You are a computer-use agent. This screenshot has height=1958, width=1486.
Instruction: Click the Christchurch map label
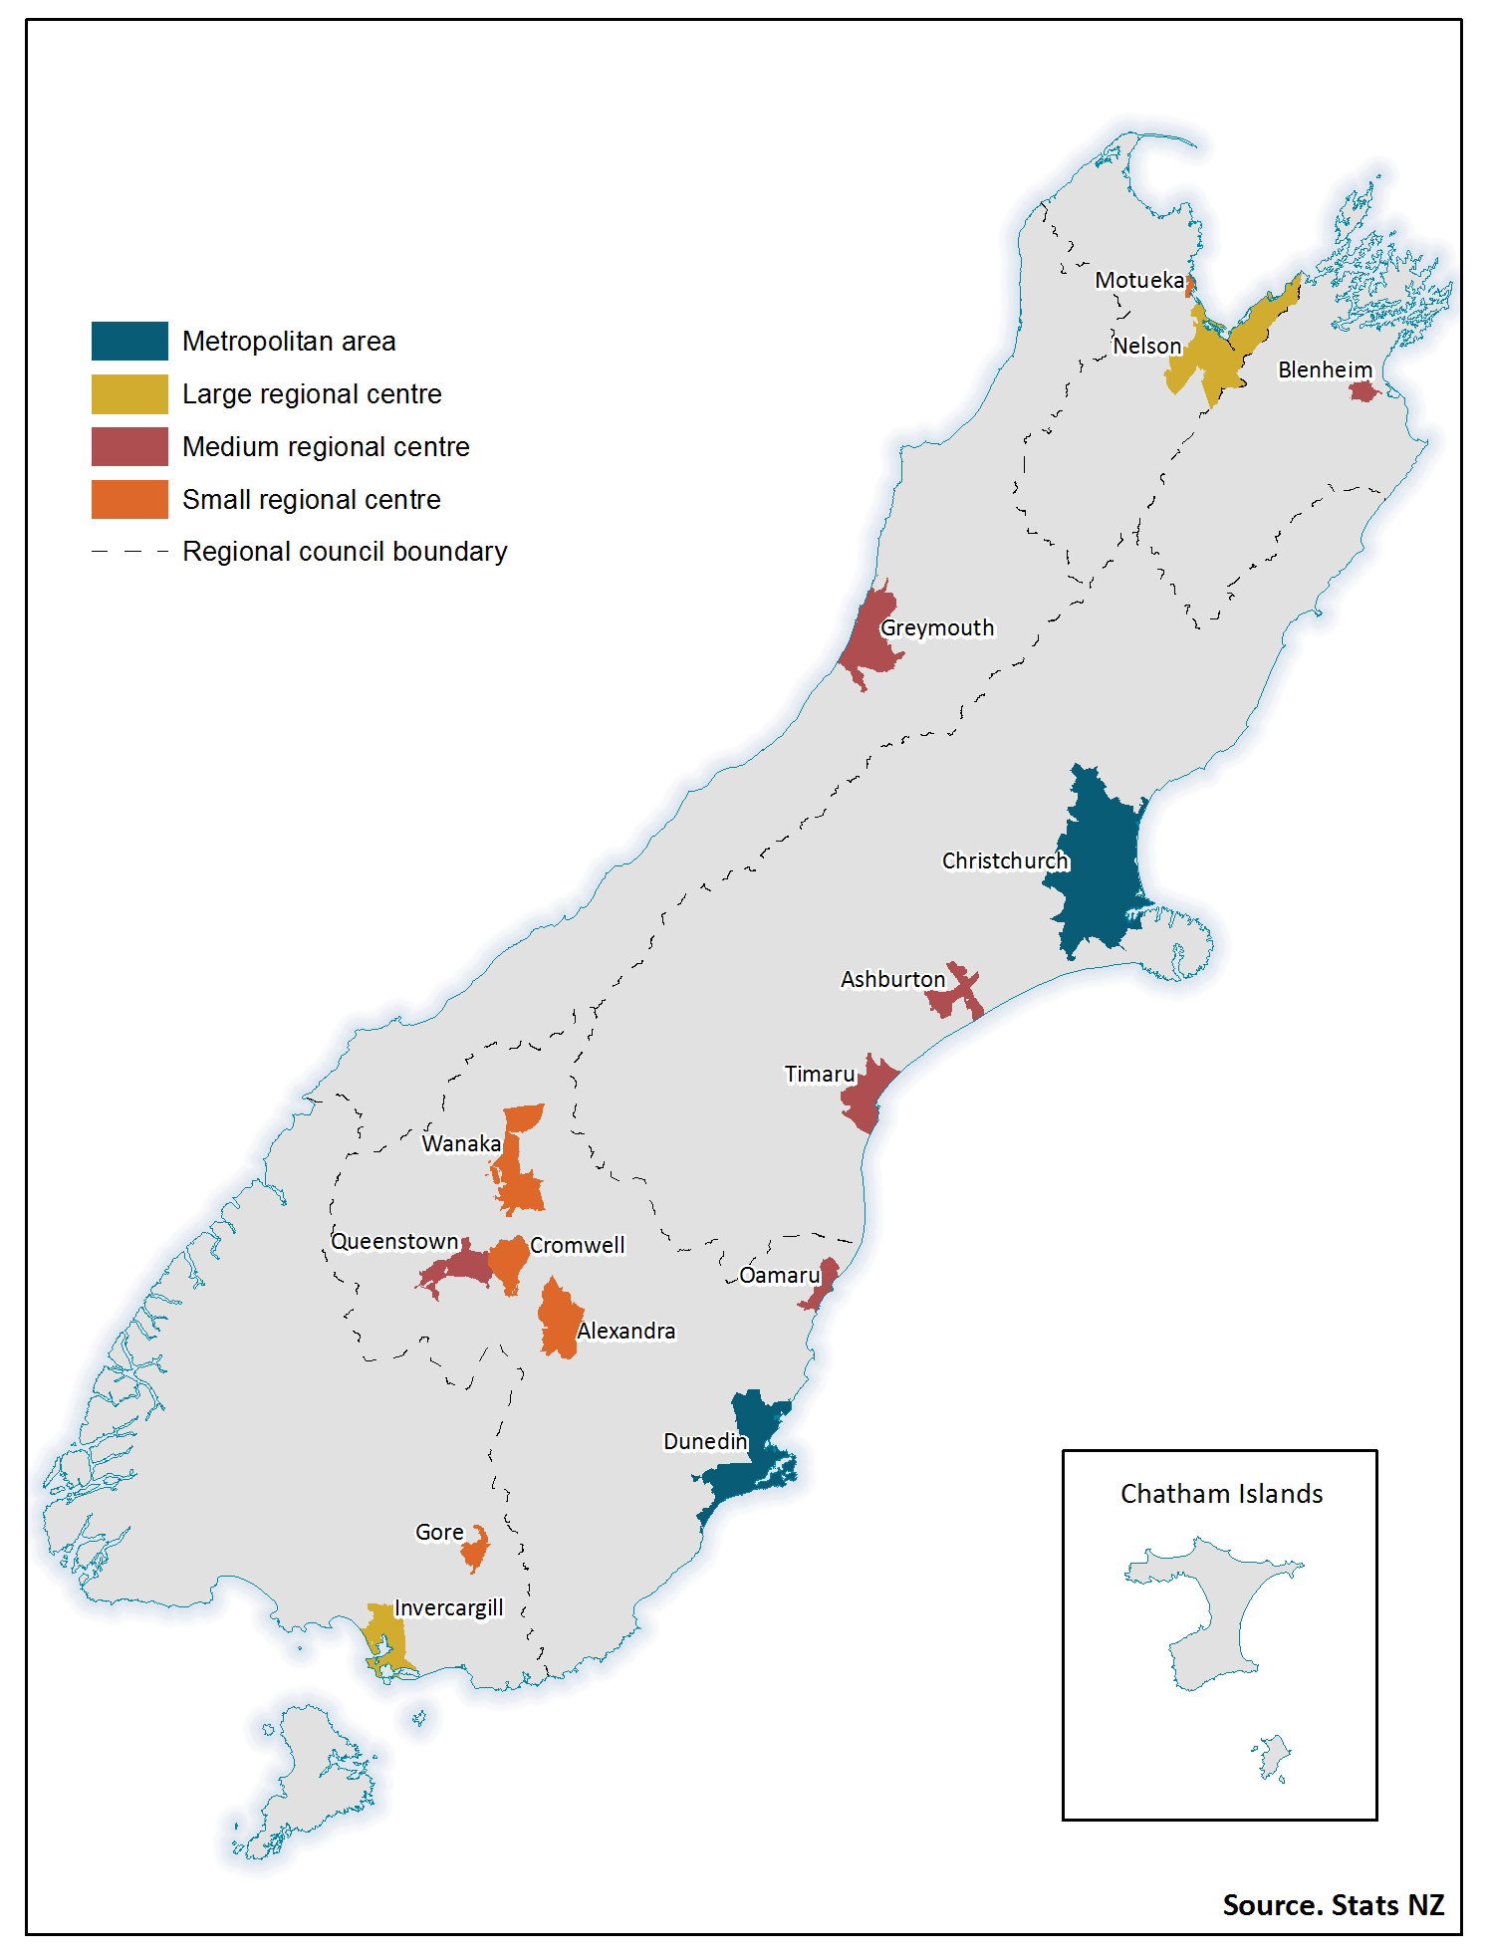coord(1004,860)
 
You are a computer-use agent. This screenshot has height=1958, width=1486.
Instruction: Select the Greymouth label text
coord(937,627)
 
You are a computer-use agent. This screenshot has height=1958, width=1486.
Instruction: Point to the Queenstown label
coord(394,1242)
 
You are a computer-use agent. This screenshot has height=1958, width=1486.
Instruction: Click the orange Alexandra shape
coord(558,1320)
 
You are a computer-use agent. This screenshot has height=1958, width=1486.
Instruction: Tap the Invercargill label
coord(448,1607)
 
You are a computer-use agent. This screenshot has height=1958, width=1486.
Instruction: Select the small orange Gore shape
coord(475,1550)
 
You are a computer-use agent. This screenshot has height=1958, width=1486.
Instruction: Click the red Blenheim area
coord(1362,391)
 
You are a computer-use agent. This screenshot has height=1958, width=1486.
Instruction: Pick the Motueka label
coord(1139,281)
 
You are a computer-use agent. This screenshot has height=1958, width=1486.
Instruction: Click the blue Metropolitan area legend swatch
coord(129,341)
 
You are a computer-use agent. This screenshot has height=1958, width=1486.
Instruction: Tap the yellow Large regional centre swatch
coord(129,393)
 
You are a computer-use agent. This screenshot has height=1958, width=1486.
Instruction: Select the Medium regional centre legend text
coord(326,447)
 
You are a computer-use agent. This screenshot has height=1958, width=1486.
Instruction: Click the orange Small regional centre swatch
coord(129,499)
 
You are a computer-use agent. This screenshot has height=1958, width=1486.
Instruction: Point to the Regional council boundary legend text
coord(345,552)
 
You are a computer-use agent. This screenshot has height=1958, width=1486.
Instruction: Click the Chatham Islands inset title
coord(1221,1494)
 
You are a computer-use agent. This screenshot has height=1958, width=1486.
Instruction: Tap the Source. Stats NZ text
coord(1333,1904)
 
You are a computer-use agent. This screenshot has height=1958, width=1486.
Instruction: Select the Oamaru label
coord(779,1275)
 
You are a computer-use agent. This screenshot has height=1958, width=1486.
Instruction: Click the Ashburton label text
coord(892,979)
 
